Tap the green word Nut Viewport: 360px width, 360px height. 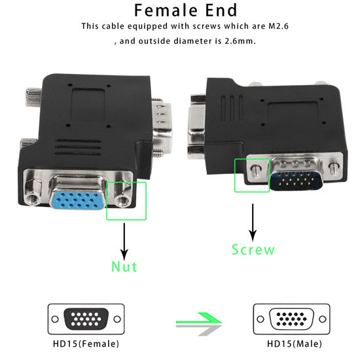click(x=124, y=266)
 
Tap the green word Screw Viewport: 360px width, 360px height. click(x=253, y=249)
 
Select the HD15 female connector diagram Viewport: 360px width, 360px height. click(x=82, y=319)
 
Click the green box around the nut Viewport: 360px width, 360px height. click(x=126, y=201)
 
